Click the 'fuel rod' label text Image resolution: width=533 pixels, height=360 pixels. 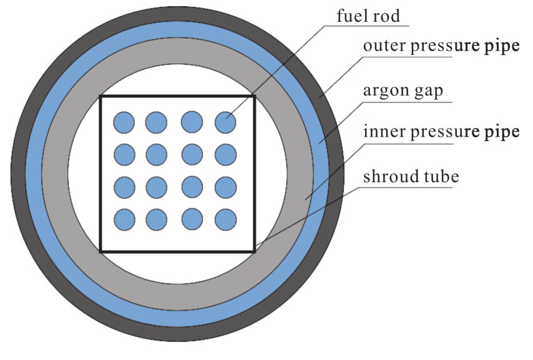(368, 16)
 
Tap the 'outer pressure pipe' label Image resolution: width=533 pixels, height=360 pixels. (441, 47)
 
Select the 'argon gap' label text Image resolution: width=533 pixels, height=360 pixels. (403, 90)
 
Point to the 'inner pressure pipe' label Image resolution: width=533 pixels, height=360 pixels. (441, 132)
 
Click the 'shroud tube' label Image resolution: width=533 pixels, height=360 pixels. (411, 177)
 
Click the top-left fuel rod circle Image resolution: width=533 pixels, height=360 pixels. (124, 122)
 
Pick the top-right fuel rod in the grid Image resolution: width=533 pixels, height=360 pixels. (225, 122)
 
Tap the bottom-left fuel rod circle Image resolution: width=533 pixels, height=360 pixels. (124, 220)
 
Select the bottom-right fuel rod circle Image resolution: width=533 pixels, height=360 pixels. (226, 220)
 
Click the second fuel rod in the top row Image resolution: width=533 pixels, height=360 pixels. (157, 122)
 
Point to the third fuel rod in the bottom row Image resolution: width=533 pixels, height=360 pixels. (192, 220)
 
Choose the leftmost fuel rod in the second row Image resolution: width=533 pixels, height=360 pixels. (124, 155)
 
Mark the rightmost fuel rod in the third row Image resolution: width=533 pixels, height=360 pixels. (226, 187)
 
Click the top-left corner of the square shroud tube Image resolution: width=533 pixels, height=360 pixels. (101, 97)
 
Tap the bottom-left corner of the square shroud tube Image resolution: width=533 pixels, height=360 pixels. (101, 251)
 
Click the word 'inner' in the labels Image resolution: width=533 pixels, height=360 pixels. (384, 132)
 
